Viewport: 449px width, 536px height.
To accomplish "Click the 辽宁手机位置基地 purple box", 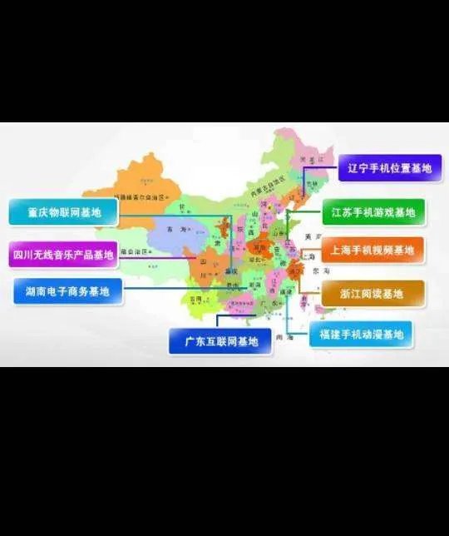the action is click(x=390, y=168).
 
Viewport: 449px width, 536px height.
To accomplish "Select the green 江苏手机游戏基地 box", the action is click(x=372, y=212).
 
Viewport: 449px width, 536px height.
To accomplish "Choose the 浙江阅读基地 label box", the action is click(x=372, y=293).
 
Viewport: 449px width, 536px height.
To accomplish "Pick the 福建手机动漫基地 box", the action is click(x=360, y=335).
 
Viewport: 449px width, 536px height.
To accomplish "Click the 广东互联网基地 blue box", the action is click(x=220, y=341).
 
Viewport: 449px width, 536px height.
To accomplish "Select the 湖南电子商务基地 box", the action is click(x=67, y=291).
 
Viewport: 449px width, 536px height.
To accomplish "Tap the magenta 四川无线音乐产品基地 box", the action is click(x=63, y=254).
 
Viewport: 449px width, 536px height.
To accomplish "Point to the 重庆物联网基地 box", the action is click(x=63, y=213).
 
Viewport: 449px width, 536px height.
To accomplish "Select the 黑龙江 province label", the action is click(x=314, y=158).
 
